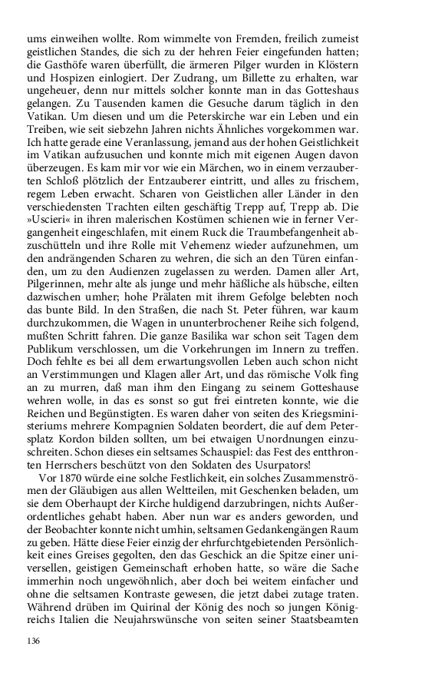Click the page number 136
point(34,641)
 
